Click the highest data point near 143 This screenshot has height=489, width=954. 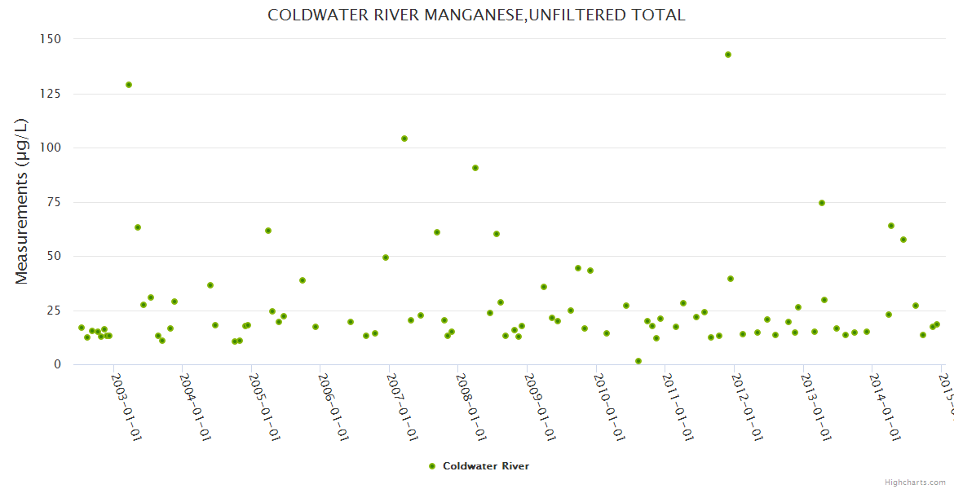(728, 55)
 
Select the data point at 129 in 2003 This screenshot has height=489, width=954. (129, 85)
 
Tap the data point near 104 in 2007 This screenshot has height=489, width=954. (404, 139)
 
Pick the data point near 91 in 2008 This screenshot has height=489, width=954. (475, 168)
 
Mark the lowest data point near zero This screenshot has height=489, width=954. (638, 361)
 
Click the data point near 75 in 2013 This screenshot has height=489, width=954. (822, 203)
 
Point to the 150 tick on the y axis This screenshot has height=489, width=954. (51, 39)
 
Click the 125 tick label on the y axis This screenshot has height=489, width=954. (51, 94)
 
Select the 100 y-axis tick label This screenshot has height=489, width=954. (51, 148)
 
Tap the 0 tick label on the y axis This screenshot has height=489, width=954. (57, 364)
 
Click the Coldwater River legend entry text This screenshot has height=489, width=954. (486, 466)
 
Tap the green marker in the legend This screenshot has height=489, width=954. (432, 466)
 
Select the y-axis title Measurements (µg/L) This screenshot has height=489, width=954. (22, 201)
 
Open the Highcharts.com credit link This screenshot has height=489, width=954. (916, 482)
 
